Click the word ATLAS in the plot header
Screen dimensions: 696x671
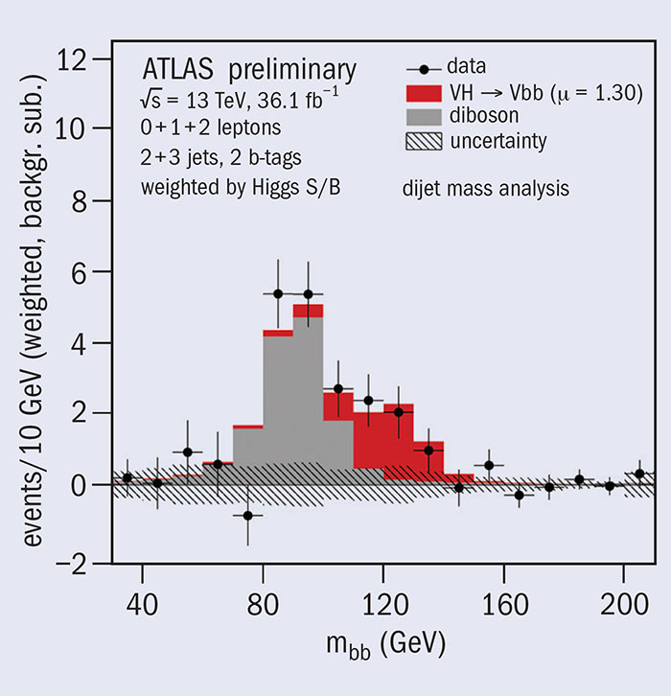176,70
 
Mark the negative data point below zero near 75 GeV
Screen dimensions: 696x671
248,515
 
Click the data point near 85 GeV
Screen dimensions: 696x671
278,293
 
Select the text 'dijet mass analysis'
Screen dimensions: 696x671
487,190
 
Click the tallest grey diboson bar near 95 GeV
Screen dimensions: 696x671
308,393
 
